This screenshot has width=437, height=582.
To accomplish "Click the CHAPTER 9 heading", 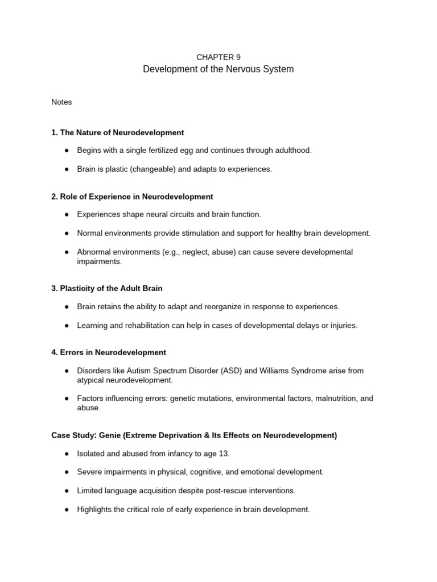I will pos(218,57).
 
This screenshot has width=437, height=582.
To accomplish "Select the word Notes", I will pos(61,102).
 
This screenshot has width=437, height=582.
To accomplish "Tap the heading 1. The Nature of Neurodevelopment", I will pos(117,132).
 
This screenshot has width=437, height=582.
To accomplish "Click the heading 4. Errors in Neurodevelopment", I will pos(109,352).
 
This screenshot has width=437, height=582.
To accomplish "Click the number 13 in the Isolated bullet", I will pos(224,454).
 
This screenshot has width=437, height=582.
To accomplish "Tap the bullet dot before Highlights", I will pos(67,510).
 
